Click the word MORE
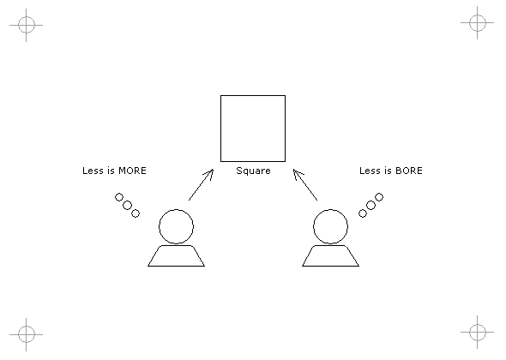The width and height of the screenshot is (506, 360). click(133, 171)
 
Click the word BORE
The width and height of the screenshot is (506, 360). click(409, 171)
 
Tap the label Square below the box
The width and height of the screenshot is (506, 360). click(253, 171)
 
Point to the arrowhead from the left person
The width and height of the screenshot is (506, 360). click(213, 169)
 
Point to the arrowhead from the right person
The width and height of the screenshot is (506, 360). click(293, 169)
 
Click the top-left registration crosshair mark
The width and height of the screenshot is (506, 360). click(26, 25)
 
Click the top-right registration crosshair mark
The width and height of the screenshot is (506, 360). click(478, 22)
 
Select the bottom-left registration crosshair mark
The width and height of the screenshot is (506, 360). click(26, 334)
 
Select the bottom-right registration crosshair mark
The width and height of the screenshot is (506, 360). click(478, 332)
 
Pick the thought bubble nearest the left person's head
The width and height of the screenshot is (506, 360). click(136, 213)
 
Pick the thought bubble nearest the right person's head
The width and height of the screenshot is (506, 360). click(363, 213)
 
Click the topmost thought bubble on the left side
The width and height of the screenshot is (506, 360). click(119, 197)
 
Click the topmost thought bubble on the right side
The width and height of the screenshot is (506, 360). click(379, 197)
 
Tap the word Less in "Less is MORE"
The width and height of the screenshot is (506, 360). click(93, 171)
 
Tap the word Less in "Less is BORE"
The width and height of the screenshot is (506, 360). click(370, 171)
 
